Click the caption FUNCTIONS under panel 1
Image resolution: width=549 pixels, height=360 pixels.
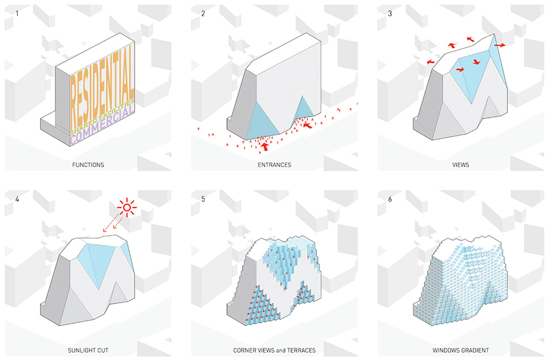point(88,165)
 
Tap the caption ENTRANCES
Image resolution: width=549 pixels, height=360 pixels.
point(274,165)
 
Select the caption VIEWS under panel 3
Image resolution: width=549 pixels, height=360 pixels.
point(461,165)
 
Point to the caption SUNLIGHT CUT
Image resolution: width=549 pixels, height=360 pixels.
point(88,350)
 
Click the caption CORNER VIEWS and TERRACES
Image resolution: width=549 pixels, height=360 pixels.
point(274,350)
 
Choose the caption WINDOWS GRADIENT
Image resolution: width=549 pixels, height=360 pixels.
point(461,350)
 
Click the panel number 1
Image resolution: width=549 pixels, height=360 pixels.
point(17,14)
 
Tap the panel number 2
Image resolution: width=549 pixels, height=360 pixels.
point(203,14)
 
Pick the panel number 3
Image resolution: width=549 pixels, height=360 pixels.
point(390,14)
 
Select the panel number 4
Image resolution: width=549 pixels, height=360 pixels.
point(17,199)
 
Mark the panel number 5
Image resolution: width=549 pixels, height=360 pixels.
point(203,199)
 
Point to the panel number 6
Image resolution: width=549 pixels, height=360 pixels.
point(390,199)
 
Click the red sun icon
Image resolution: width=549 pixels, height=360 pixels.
point(127,208)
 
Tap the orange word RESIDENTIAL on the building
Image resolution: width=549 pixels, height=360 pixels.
point(102,83)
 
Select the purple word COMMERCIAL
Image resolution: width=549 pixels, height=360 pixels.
point(102,125)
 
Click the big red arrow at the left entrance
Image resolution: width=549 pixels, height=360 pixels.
point(265,146)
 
